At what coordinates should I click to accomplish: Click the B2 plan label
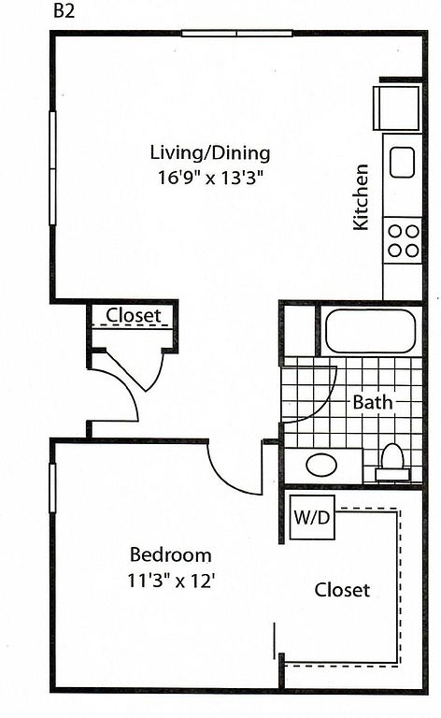click(x=64, y=10)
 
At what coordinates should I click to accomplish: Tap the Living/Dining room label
click(x=210, y=153)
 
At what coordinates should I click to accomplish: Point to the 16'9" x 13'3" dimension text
click(x=211, y=177)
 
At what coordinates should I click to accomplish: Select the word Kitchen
click(x=360, y=197)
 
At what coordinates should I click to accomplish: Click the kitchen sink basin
click(x=402, y=162)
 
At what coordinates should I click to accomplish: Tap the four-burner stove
click(x=403, y=240)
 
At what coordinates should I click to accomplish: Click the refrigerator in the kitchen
click(x=396, y=108)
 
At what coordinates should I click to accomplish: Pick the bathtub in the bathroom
click(x=370, y=331)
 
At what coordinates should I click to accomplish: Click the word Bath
click(x=373, y=402)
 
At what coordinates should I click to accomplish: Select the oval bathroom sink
click(x=321, y=465)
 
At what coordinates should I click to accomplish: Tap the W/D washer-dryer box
click(x=312, y=517)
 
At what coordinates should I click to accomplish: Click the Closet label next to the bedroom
click(x=342, y=590)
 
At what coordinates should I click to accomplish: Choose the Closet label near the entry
click(x=134, y=315)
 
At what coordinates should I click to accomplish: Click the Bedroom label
click(x=171, y=554)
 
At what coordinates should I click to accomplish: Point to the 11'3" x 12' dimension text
click(x=171, y=581)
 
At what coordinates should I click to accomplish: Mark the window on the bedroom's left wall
click(x=52, y=488)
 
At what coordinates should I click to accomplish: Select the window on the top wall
click(x=237, y=33)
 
